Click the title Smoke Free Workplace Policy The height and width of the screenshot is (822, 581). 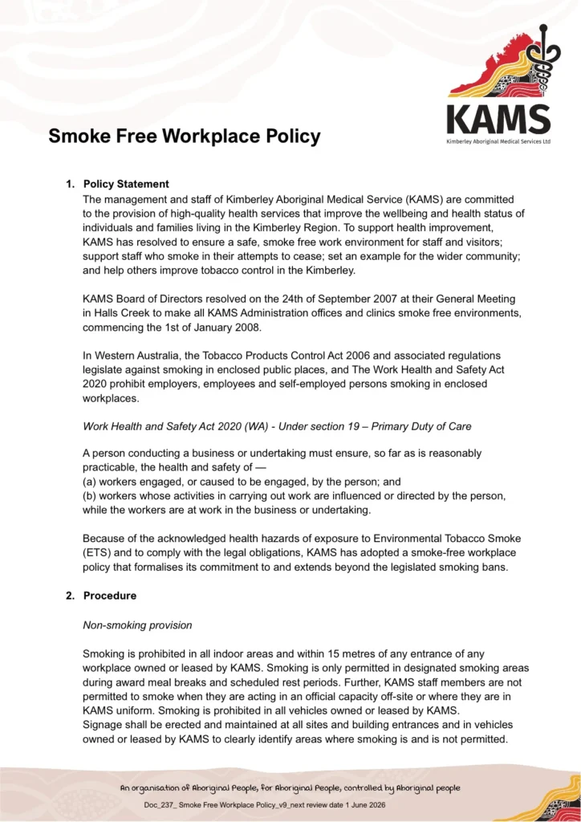click(x=185, y=136)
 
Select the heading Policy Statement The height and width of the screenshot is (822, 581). click(x=126, y=184)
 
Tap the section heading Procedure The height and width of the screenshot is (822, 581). click(x=110, y=596)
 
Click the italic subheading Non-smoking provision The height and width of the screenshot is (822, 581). click(x=138, y=625)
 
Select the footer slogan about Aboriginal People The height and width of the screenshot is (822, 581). click(x=290, y=788)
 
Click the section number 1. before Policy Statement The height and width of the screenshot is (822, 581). click(x=71, y=184)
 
